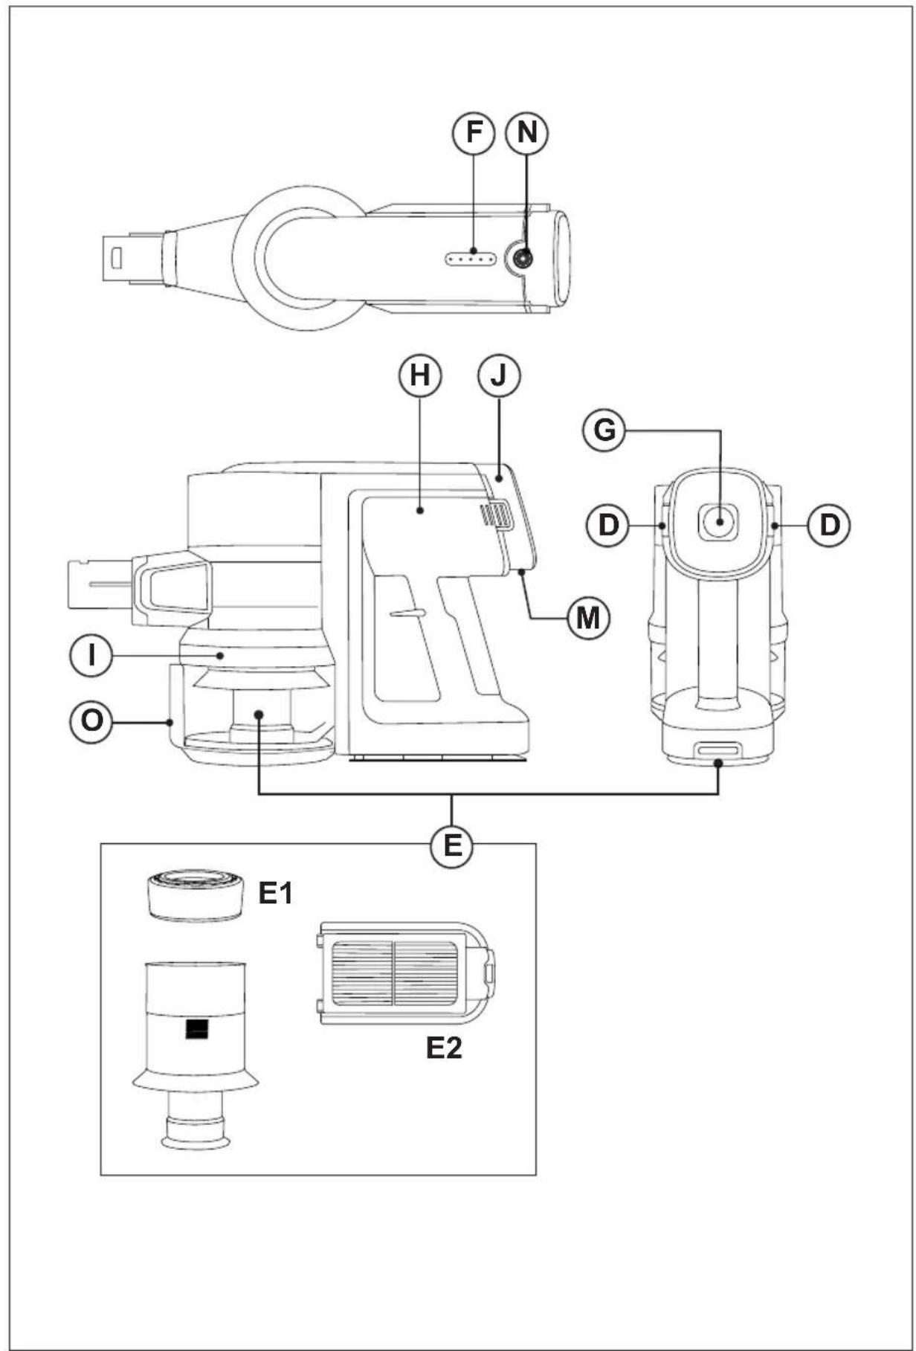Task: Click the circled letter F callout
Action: click(x=474, y=133)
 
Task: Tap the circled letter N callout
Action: click(x=526, y=133)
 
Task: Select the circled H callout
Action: click(x=420, y=376)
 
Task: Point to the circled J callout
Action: click(x=499, y=376)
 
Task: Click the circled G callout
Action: click(x=604, y=431)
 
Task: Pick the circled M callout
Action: click(x=588, y=618)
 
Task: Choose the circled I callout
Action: click(x=91, y=657)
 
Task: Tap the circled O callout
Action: click(x=91, y=721)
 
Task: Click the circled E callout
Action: click(x=452, y=846)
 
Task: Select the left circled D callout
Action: click(x=608, y=525)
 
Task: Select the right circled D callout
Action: click(x=829, y=525)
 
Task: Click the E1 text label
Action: click(x=276, y=894)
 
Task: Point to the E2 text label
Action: click(x=444, y=1048)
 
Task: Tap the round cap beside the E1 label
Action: click(x=196, y=895)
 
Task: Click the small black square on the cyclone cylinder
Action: click(x=196, y=1030)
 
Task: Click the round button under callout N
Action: click(x=521, y=259)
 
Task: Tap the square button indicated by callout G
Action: click(x=718, y=521)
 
